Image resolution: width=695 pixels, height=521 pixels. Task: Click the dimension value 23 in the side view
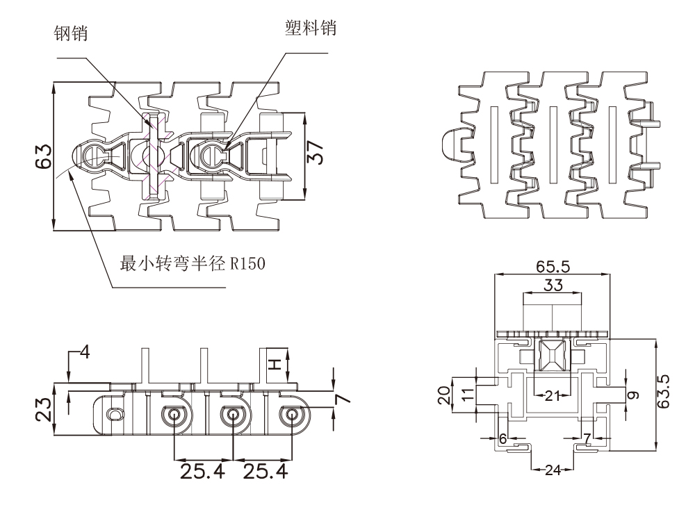tap(43, 410)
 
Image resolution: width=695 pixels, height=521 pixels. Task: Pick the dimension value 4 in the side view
tap(85, 352)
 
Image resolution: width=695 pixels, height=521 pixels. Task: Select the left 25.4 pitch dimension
tap(203, 472)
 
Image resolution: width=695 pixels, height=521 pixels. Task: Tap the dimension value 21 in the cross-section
tap(553, 396)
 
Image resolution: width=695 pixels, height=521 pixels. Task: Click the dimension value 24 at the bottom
tap(553, 470)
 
